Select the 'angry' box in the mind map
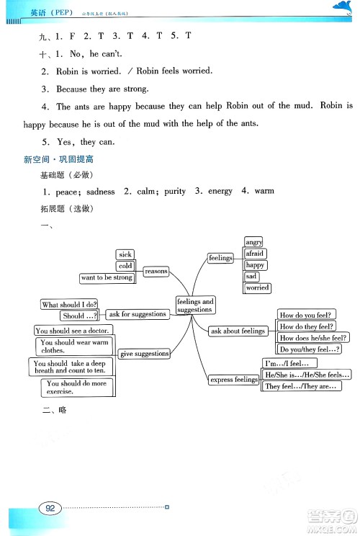point(253,242)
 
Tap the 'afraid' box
point(255,254)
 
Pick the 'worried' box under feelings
point(257,287)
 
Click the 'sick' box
point(125,254)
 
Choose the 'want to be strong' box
point(107,277)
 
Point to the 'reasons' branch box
point(156,272)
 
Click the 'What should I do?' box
point(70,305)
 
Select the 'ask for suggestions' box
point(138,314)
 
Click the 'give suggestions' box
point(145,354)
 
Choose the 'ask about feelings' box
point(238,331)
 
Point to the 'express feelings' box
point(234,380)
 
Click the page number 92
point(50,508)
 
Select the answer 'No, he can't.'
point(77,53)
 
